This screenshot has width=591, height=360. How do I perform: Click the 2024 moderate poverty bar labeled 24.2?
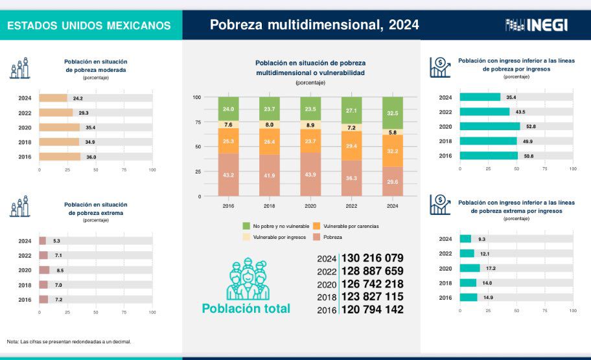click(53, 98)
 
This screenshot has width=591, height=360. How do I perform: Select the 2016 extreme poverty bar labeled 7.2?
click(43, 299)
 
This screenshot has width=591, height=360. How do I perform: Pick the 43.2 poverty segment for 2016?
click(228, 175)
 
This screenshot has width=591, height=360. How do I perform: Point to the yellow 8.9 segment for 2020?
click(310, 125)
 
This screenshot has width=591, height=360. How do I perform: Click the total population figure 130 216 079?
click(373, 258)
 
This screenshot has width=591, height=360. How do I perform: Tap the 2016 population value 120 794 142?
click(373, 309)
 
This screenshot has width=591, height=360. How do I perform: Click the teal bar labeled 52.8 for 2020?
click(490, 127)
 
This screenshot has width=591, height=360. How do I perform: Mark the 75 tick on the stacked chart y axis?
click(197, 122)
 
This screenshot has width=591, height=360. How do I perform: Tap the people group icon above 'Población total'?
click(246, 279)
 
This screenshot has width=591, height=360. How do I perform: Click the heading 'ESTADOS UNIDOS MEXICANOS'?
click(89, 26)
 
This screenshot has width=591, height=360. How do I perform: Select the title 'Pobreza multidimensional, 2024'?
click(314, 25)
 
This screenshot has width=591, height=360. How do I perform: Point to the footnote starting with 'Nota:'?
click(69, 341)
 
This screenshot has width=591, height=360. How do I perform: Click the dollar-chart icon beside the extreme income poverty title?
click(440, 205)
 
